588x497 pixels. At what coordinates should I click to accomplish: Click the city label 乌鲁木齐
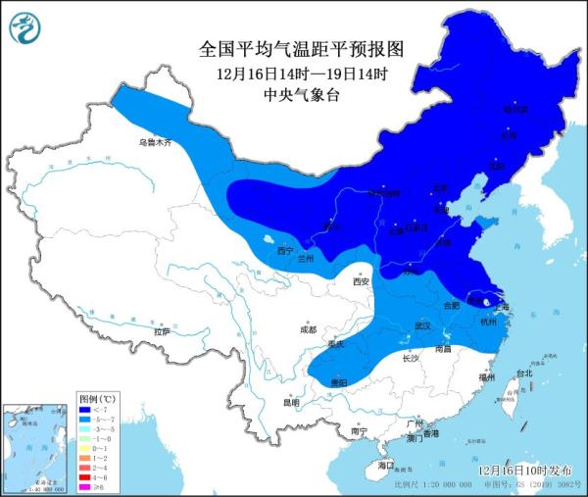point(154,142)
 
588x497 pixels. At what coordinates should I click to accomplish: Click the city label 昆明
point(290,402)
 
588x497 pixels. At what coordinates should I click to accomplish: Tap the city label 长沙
point(412,359)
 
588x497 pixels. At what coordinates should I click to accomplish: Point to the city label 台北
point(524,373)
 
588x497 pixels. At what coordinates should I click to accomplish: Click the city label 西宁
point(285,251)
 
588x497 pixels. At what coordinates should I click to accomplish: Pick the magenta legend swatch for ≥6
point(85,487)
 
